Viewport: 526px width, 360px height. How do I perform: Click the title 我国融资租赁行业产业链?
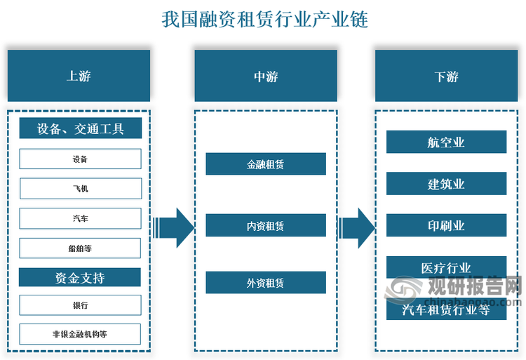pyautogui.click(x=265, y=19)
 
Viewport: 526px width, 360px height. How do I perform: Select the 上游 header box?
pyautogui.click(x=79, y=76)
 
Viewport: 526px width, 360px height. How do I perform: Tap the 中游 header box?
pyautogui.click(x=266, y=76)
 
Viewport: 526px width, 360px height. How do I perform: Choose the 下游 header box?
pyautogui.click(x=446, y=76)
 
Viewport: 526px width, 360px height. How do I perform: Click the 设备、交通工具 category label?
pyautogui.click(x=81, y=128)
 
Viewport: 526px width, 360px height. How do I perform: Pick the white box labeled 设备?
pyautogui.click(x=81, y=159)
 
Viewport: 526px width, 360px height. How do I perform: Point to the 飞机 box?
pyautogui.click(x=81, y=189)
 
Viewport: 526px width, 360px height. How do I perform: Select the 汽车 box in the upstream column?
pyautogui.click(x=81, y=218)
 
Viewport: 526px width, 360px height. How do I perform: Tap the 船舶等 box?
pyautogui.click(x=80, y=248)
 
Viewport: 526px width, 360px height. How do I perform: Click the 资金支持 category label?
pyautogui.click(x=80, y=277)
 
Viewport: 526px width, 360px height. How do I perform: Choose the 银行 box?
pyautogui.click(x=80, y=305)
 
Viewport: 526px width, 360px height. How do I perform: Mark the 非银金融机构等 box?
pyautogui.click(x=80, y=334)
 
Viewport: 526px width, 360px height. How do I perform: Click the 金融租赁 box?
pyautogui.click(x=266, y=164)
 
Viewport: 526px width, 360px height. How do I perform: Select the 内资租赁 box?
pyautogui.click(x=266, y=225)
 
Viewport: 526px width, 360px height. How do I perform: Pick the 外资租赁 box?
pyautogui.click(x=266, y=283)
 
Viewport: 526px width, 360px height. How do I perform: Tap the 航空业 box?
pyautogui.click(x=446, y=142)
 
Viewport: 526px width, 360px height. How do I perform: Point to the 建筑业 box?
pyautogui.click(x=446, y=184)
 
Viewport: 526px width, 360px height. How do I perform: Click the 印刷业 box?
pyautogui.click(x=446, y=225)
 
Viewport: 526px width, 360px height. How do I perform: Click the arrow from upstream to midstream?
pyautogui.click(x=174, y=228)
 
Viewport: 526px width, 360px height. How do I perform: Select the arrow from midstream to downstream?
pyautogui.click(x=356, y=228)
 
